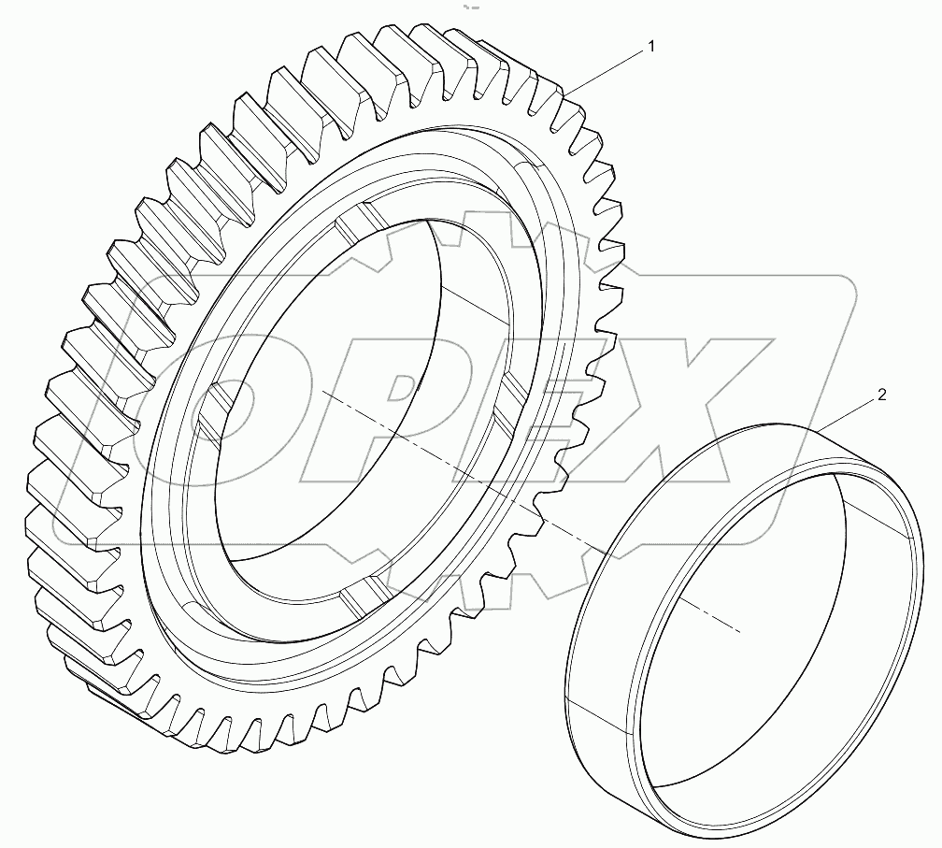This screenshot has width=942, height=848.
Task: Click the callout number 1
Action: click(x=651, y=46)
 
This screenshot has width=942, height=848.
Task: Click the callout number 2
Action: click(x=881, y=395)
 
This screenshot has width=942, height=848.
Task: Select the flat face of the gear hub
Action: click(x=178, y=524)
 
